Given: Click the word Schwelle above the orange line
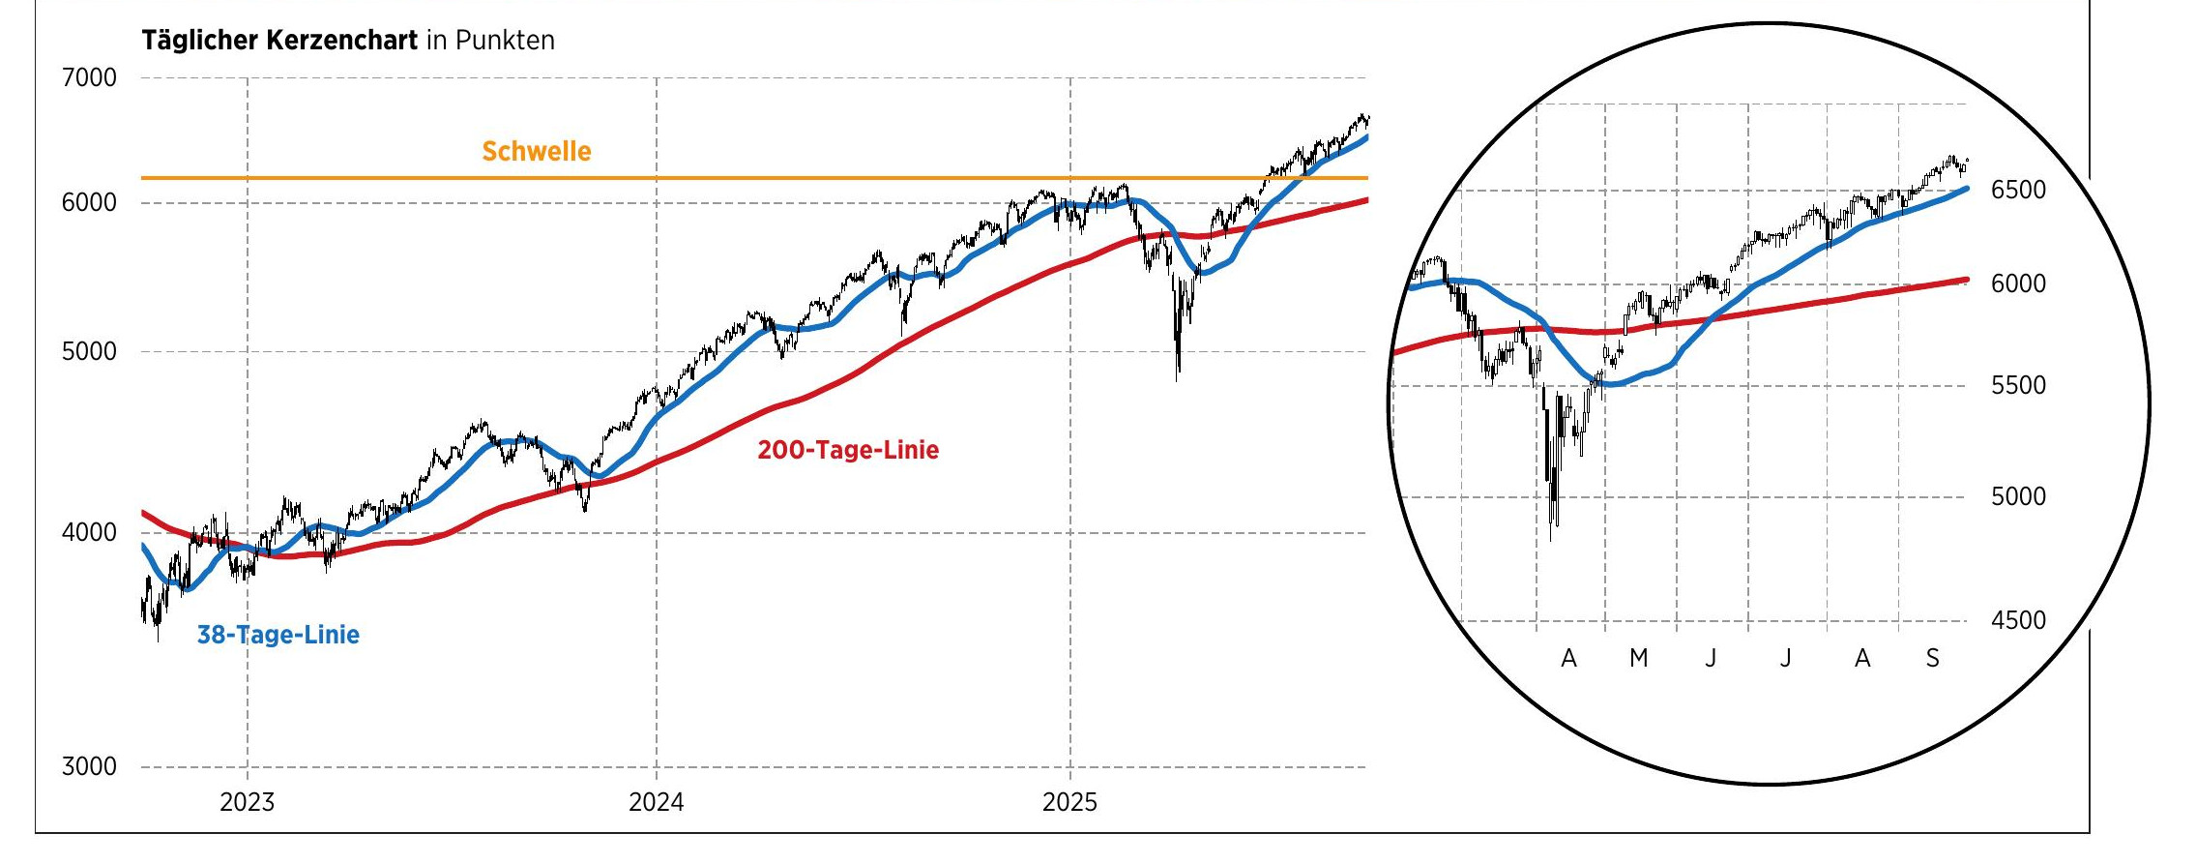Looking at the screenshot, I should click(x=536, y=152).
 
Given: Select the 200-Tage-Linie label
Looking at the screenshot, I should click(x=847, y=450).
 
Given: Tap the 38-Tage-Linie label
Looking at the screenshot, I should click(x=278, y=635).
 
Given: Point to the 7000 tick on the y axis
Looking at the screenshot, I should click(x=89, y=77).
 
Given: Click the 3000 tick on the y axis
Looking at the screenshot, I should click(x=89, y=766).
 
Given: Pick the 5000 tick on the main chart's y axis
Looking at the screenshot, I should click(x=89, y=351).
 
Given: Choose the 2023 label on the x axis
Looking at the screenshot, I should click(x=247, y=802).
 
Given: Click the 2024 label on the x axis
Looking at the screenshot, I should click(x=656, y=802).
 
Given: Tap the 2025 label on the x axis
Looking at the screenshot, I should click(x=1069, y=802).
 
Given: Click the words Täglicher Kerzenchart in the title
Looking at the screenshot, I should click(x=279, y=41).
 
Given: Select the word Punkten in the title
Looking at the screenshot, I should click(x=505, y=41).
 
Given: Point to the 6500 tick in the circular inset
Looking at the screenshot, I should click(x=2018, y=190).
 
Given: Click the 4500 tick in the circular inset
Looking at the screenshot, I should click(x=2018, y=620).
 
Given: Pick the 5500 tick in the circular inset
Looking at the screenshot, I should click(x=2018, y=385).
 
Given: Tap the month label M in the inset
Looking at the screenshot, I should click(x=1638, y=659).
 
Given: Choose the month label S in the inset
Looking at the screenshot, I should click(x=1932, y=659).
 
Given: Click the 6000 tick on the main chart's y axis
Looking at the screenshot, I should click(x=89, y=202).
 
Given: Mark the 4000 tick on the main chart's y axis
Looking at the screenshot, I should click(x=89, y=532).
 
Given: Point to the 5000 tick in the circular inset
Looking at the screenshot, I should click(x=2018, y=496).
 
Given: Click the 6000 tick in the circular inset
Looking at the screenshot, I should click(x=2018, y=283).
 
